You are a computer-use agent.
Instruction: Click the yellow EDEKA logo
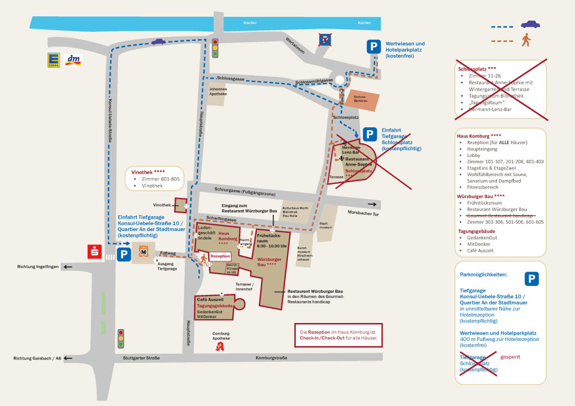[54, 61]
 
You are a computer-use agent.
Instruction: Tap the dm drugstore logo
[74, 60]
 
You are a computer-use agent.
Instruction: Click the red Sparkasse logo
[94, 252]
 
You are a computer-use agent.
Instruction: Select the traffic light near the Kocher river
[215, 48]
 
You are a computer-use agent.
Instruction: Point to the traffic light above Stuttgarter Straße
[121, 338]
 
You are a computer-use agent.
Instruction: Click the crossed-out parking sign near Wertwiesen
[325, 39]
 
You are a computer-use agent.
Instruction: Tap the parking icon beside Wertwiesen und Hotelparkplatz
[373, 47]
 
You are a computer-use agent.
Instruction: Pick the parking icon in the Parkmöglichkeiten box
[531, 279]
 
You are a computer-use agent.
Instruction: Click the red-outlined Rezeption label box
[221, 256]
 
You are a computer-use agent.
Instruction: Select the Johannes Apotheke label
[218, 91]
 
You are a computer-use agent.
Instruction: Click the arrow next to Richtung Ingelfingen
[68, 267]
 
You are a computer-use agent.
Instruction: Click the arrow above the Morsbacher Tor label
[372, 205]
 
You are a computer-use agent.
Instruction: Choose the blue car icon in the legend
[530, 24]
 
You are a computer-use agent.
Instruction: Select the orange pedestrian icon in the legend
[527, 40]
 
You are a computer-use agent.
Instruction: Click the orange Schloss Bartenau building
[359, 99]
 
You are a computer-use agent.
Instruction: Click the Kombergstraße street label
[271, 358]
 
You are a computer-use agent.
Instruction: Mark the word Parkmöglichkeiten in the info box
[483, 275]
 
